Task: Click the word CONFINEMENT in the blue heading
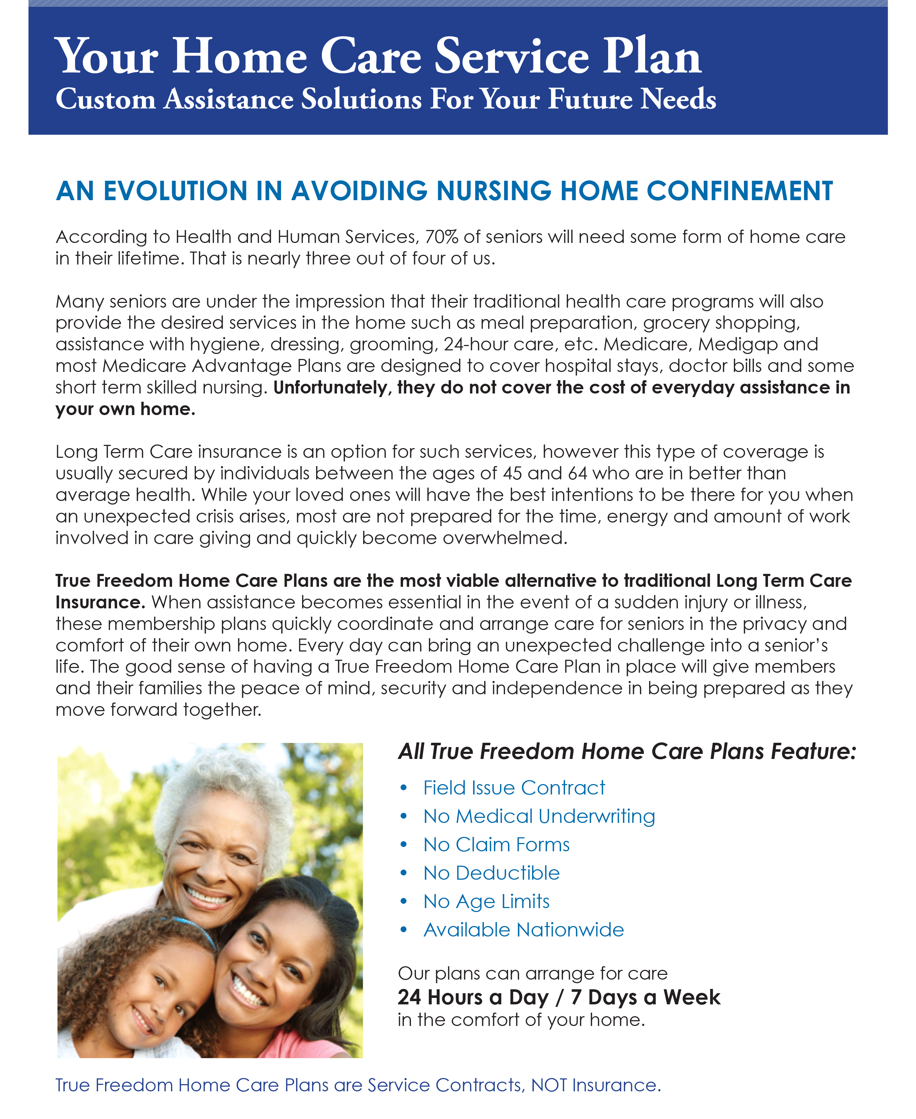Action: pyautogui.click(x=739, y=191)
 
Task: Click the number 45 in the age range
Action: pyautogui.click(x=512, y=474)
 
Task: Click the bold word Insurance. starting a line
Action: pyautogui.click(x=100, y=602)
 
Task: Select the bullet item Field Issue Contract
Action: pyautogui.click(x=514, y=788)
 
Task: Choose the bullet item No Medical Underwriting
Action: pyautogui.click(x=539, y=816)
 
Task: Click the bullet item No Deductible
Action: pyautogui.click(x=491, y=874)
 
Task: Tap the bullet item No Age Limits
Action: pyautogui.click(x=486, y=902)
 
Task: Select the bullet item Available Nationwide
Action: pyautogui.click(x=523, y=930)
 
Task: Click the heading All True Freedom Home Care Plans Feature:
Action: pyautogui.click(x=627, y=752)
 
